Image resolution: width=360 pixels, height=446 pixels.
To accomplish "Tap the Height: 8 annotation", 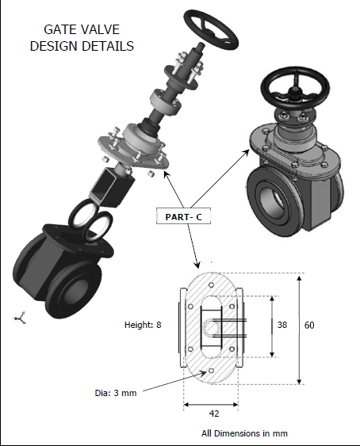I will coord(143,325).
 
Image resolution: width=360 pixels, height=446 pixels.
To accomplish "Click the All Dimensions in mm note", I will coord(244,433).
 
